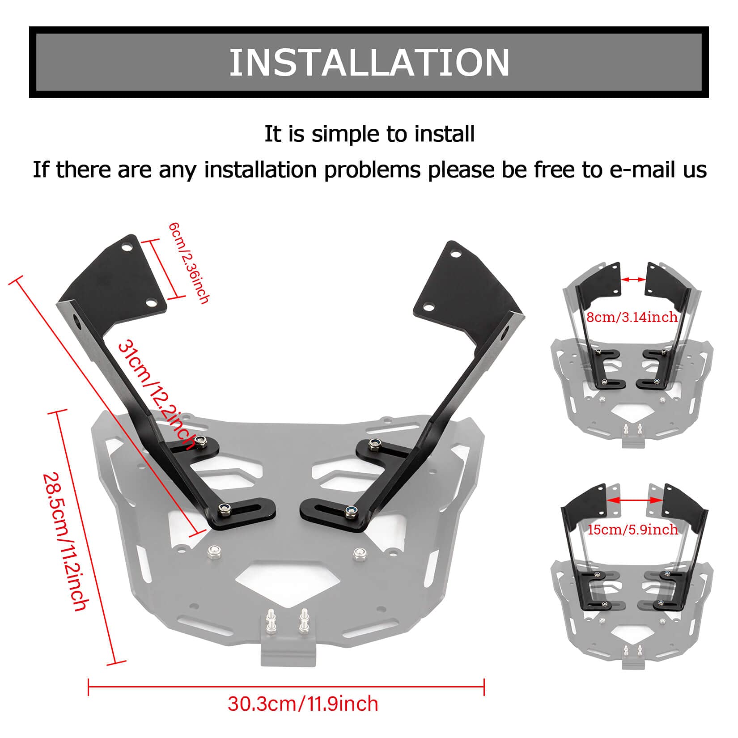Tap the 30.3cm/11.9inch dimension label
(x=303, y=703)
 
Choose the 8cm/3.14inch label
(x=632, y=318)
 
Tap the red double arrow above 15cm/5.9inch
(x=634, y=500)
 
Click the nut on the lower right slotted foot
(x=351, y=511)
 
